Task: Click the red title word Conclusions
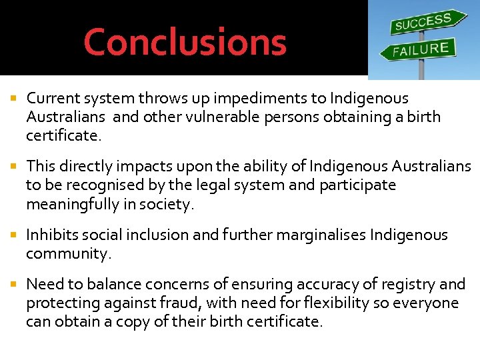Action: pos(185,41)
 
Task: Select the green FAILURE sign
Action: pos(419,49)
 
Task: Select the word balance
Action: pos(115,285)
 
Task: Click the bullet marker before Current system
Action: pos(15,99)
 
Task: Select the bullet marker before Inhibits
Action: pos(15,235)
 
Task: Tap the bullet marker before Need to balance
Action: pos(15,285)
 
